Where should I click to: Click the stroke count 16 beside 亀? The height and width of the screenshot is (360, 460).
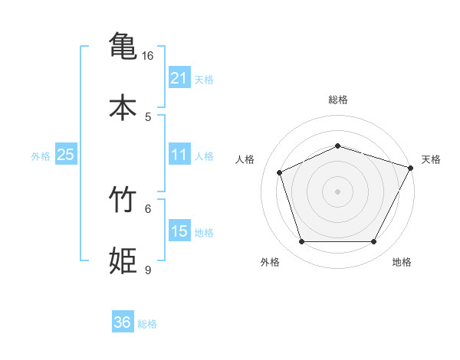(x=147, y=56)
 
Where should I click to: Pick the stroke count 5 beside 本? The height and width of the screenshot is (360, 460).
(x=148, y=116)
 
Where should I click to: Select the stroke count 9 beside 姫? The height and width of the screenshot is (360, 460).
(x=148, y=270)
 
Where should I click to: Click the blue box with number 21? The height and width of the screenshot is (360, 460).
(x=179, y=78)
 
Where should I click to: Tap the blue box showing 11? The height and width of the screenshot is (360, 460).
(x=179, y=155)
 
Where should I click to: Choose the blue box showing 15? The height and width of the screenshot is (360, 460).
(x=179, y=231)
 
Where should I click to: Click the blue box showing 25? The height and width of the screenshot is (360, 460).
(x=65, y=155)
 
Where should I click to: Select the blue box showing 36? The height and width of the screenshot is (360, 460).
(x=122, y=322)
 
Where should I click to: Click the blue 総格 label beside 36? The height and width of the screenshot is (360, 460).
(x=147, y=324)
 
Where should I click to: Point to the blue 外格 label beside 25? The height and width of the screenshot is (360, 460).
(x=41, y=156)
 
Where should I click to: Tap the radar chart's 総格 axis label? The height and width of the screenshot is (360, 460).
(x=338, y=100)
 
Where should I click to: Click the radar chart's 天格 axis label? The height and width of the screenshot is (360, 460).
(x=431, y=159)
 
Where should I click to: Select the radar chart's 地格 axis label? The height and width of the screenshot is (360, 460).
(x=402, y=262)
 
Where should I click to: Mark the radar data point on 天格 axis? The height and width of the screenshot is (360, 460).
(x=411, y=168)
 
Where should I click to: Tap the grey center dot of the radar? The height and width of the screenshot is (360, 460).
(x=338, y=191)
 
